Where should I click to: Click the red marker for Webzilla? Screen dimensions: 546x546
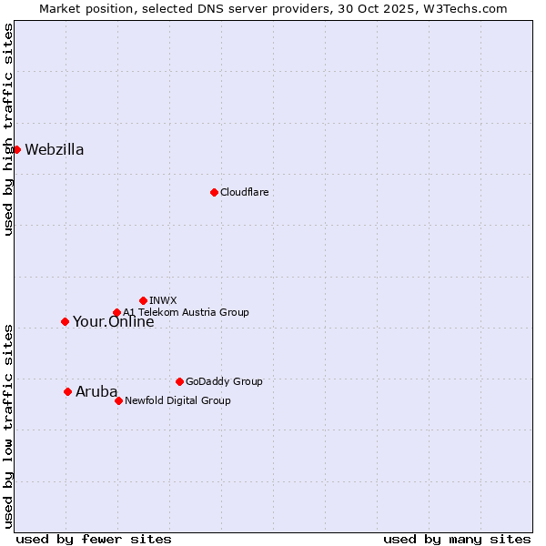click(16, 149)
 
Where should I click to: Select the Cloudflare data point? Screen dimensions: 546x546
click(214, 192)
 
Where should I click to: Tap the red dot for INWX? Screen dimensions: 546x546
click(143, 300)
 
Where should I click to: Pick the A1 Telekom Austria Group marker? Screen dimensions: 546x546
click(116, 313)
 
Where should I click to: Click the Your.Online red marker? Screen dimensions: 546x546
click(65, 321)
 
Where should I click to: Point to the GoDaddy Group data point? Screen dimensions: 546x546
click(179, 381)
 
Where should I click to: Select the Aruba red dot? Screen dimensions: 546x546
click(67, 391)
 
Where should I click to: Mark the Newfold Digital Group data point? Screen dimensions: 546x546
click(118, 400)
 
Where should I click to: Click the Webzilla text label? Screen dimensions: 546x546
click(55, 150)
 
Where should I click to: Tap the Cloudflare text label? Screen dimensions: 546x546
click(244, 193)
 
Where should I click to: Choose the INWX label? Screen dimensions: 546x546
click(163, 300)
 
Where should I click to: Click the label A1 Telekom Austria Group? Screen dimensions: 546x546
click(186, 312)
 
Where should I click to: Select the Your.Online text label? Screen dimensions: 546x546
click(113, 322)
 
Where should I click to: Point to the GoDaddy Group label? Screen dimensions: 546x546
click(224, 382)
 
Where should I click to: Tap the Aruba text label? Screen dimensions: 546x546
click(96, 392)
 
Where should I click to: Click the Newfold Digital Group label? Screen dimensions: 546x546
click(177, 400)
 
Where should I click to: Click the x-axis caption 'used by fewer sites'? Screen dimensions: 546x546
click(94, 539)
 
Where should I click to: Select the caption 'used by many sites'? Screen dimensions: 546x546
click(457, 539)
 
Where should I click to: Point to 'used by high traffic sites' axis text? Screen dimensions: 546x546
click(8, 129)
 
